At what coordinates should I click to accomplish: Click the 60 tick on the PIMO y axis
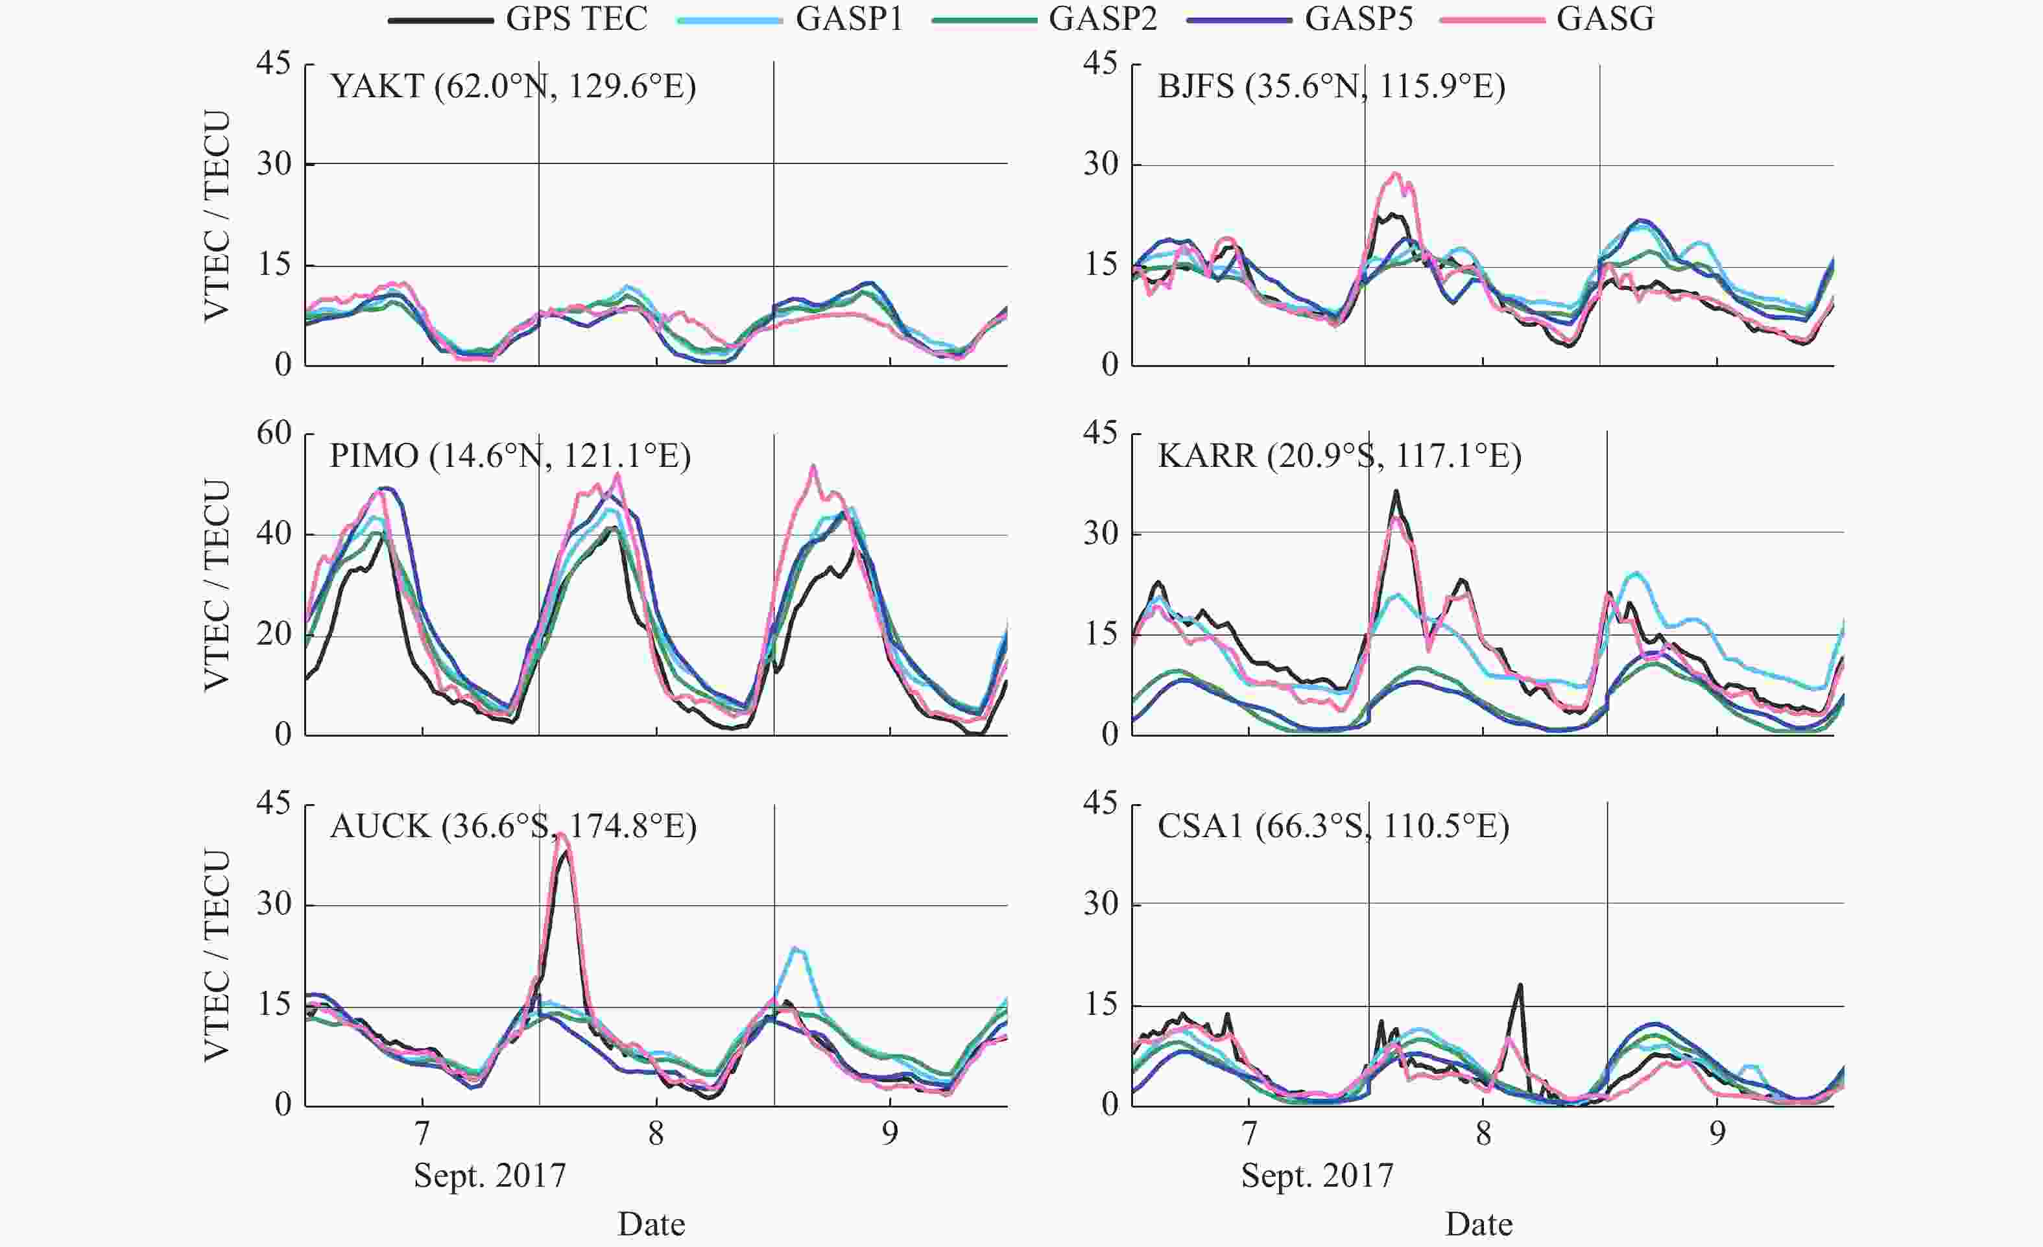(274, 433)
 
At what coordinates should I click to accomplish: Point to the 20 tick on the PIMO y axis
(274, 635)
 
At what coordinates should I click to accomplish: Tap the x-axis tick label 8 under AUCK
(656, 1134)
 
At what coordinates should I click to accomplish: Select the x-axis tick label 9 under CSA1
(1717, 1134)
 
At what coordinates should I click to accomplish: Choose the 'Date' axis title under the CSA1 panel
(1478, 1224)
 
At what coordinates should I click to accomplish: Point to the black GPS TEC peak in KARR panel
(1396, 491)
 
